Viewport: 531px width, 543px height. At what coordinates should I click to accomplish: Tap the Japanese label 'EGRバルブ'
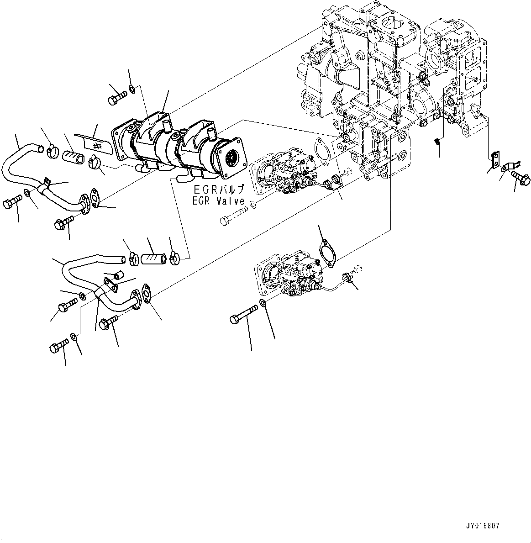[219, 189]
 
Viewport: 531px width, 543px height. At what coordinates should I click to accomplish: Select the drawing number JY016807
[483, 526]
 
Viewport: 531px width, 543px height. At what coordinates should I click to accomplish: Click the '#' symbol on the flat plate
[96, 146]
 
